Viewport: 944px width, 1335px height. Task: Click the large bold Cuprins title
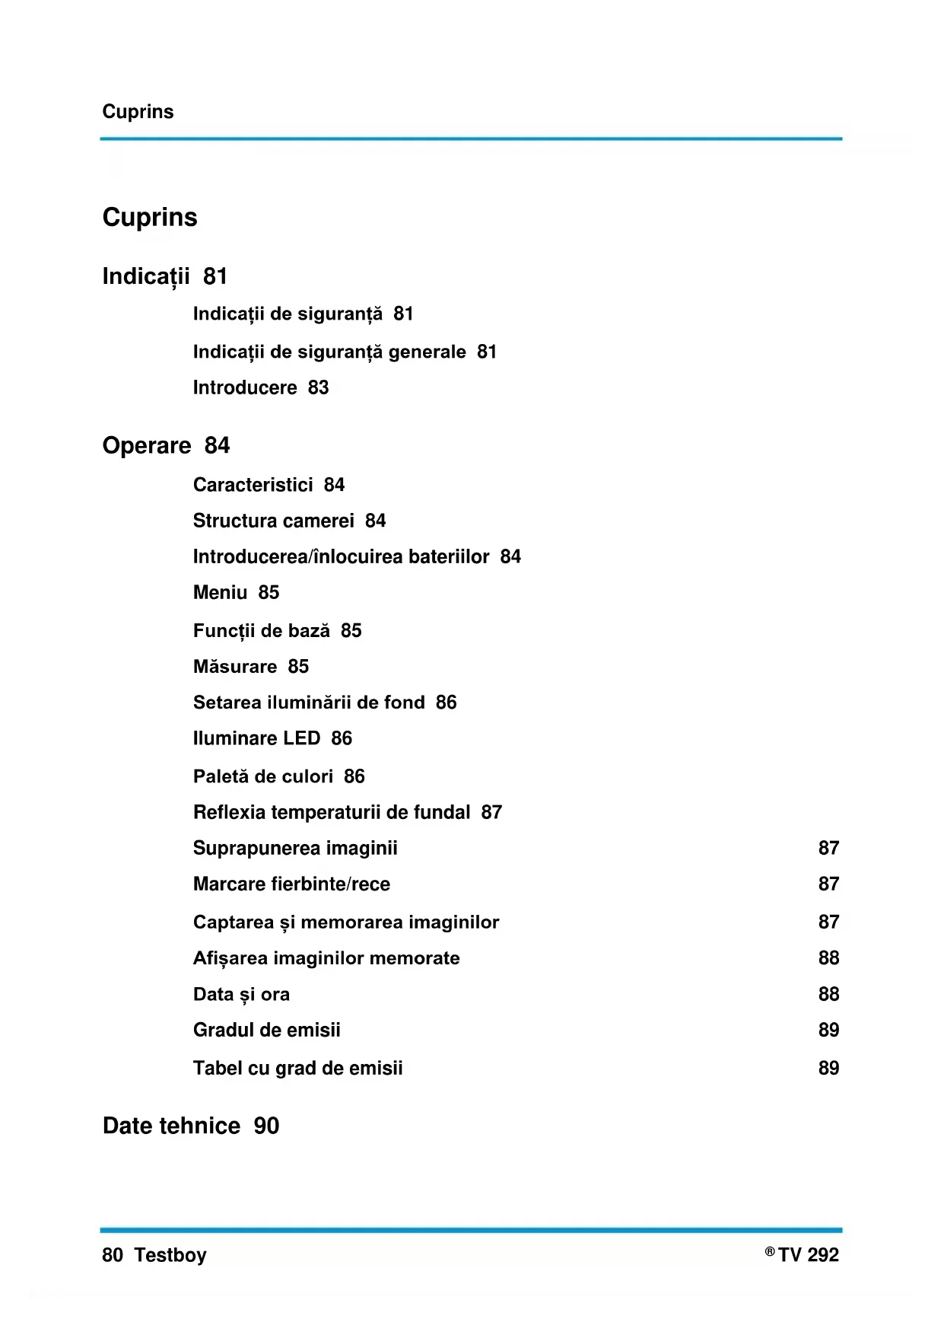tap(150, 218)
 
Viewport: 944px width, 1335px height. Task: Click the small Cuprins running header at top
tap(138, 112)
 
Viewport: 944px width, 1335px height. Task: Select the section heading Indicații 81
tap(165, 276)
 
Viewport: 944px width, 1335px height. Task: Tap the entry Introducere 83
tap(261, 388)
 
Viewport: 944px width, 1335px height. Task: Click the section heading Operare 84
tap(166, 446)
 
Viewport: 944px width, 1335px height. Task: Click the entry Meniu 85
tap(236, 593)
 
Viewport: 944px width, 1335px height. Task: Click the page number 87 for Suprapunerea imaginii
tap(828, 849)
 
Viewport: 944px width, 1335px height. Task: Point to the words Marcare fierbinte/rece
tap(291, 884)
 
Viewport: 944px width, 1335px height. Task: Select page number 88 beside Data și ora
tap(828, 995)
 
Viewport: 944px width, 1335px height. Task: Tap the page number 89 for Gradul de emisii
tap(828, 1031)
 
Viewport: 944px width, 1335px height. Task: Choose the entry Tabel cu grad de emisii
tap(297, 1069)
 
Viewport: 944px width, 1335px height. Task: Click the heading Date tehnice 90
tap(191, 1126)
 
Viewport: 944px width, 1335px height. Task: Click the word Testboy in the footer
tap(170, 1255)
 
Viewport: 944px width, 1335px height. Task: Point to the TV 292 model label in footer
tap(808, 1255)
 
